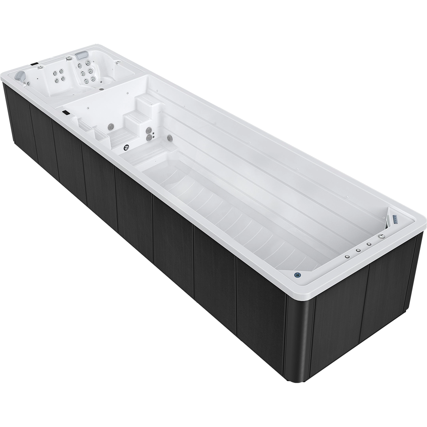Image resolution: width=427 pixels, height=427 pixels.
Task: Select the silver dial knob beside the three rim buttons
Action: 381,236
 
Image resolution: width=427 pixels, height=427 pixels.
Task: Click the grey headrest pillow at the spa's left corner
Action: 19,75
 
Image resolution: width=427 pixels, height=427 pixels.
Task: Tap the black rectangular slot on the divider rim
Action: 66,113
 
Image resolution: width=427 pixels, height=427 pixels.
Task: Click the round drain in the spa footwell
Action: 101,89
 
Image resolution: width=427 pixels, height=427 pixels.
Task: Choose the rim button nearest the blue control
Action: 347,256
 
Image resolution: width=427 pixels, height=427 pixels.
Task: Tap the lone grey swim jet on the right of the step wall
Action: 170,138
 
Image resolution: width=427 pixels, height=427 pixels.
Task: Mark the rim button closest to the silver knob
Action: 368,244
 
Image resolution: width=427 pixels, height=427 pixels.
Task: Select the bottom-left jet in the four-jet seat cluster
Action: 57,80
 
